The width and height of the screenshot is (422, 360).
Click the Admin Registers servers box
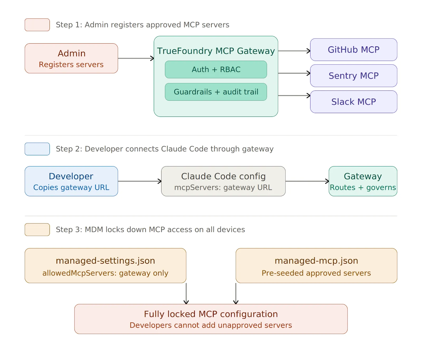[71, 58]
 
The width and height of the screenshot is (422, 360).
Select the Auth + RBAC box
[216, 69]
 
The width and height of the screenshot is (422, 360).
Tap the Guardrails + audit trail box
[216, 92]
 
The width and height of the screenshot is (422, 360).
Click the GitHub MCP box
[353, 50]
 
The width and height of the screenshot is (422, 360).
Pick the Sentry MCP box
[353, 76]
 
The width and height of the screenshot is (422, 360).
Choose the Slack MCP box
[353, 102]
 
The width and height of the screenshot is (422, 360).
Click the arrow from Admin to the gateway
[136, 58]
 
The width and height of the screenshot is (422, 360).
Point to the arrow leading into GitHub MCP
[294, 51]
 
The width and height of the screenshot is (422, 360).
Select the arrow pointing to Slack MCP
[294, 95]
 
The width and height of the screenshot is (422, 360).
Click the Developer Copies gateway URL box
[71, 181]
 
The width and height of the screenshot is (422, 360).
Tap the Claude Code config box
[223, 181]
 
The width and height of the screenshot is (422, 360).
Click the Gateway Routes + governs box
[363, 181]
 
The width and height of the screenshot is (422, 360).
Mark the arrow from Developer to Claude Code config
[140, 181]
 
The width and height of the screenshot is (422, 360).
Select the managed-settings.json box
[105, 266]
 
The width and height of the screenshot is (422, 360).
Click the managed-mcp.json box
[316, 266]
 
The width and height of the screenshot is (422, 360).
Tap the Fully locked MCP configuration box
[211, 319]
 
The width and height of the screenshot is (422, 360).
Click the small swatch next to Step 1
[37, 25]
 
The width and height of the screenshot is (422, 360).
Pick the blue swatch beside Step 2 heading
[37, 149]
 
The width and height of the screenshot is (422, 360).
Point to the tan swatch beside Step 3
[37, 229]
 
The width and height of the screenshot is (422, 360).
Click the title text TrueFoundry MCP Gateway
[216, 51]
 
